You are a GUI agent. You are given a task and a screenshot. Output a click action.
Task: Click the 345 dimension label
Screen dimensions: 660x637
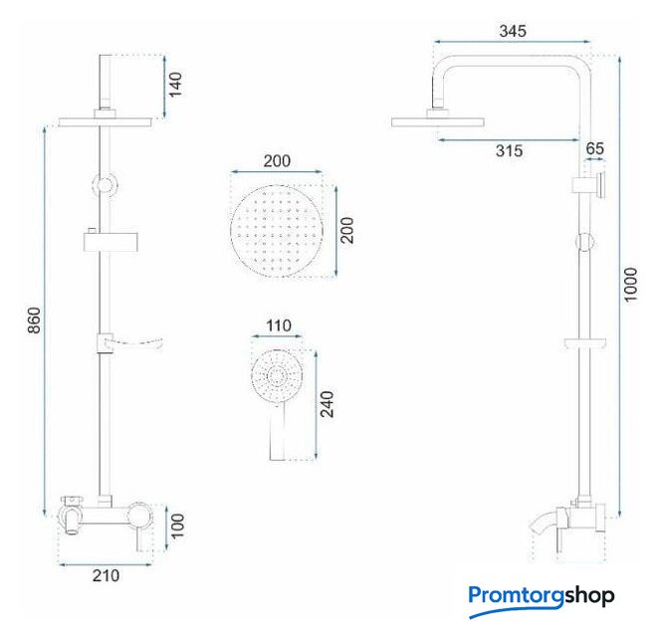tap(513, 31)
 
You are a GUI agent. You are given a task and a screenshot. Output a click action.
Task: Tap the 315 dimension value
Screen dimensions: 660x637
tap(509, 150)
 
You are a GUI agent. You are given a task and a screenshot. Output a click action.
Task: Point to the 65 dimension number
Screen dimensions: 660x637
tap(594, 148)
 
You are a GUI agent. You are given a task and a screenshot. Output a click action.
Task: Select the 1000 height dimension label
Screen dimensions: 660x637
tap(630, 285)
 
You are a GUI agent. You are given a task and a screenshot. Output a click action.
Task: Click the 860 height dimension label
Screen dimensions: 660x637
tap(34, 320)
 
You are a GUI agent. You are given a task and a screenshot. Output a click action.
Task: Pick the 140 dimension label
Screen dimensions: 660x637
tap(175, 85)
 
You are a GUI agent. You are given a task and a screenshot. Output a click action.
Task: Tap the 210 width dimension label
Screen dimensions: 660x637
tap(107, 575)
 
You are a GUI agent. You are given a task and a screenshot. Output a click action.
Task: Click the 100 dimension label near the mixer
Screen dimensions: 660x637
tap(177, 526)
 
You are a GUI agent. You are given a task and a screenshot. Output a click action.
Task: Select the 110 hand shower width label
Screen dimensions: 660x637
tap(279, 325)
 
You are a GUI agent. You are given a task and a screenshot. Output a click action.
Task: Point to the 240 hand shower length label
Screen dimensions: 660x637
tap(328, 404)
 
